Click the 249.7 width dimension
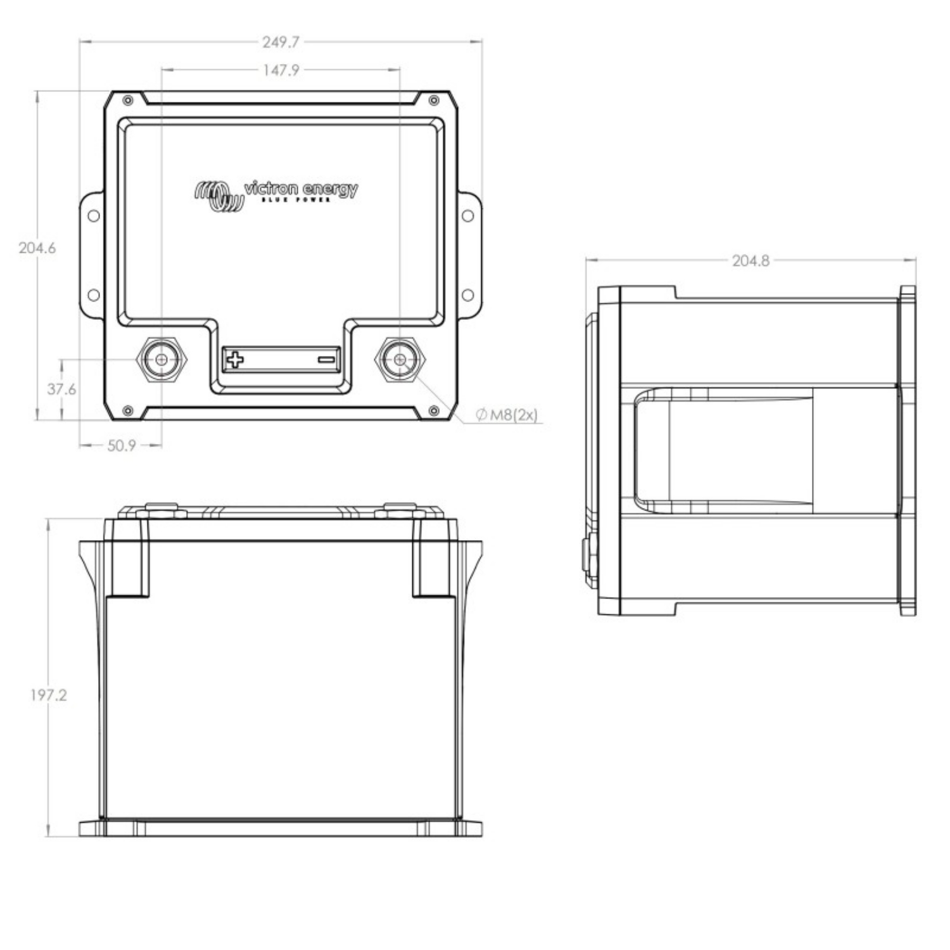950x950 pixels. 281,42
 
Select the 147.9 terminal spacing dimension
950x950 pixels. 281,70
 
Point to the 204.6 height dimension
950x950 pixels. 37,248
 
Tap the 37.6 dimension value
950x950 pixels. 61,389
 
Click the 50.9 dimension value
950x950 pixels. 121,446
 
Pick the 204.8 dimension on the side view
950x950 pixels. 750,260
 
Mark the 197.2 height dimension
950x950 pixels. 48,695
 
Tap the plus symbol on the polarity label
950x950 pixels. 235,360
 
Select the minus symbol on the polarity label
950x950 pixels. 326,360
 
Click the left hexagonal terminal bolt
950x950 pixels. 162,360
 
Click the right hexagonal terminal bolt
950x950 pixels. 400,360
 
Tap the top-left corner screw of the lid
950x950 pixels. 128,101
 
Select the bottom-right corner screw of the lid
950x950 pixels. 434,411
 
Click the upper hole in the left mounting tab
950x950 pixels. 93,215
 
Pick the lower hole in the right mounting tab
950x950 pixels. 468,295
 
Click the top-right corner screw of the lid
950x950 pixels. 434,101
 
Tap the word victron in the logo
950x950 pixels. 270,189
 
